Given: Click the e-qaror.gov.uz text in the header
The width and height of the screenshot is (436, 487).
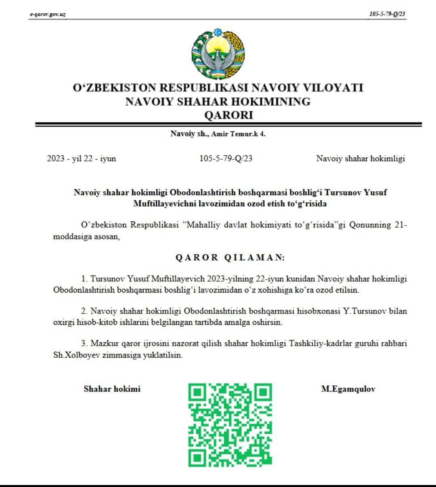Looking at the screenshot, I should (48, 15).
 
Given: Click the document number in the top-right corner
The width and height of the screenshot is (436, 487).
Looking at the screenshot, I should (387, 14).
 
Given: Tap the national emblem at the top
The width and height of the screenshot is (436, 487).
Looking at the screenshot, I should (218, 53).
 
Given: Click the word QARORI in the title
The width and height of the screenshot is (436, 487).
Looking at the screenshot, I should (228, 115).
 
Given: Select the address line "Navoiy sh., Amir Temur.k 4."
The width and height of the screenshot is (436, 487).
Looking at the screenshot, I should (218, 134).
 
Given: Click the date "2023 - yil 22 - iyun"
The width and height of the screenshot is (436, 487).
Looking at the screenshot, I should (82, 159).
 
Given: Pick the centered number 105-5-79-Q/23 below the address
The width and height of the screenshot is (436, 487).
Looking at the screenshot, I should (226, 159).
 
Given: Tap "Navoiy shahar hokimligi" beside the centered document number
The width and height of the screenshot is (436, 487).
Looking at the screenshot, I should (361, 159).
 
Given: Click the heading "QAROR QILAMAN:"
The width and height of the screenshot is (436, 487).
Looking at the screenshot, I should (230, 257).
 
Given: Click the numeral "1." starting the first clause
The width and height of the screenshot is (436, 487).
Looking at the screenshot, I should (84, 279).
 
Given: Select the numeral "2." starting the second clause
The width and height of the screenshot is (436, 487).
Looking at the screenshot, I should (84, 311).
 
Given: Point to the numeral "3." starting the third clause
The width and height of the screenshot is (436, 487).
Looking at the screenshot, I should (84, 343).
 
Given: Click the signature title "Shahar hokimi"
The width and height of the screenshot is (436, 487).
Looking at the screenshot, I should (112, 389).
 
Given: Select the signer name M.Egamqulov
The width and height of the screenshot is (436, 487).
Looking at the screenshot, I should (348, 389).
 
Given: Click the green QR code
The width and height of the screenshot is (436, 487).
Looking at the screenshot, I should (230, 425).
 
